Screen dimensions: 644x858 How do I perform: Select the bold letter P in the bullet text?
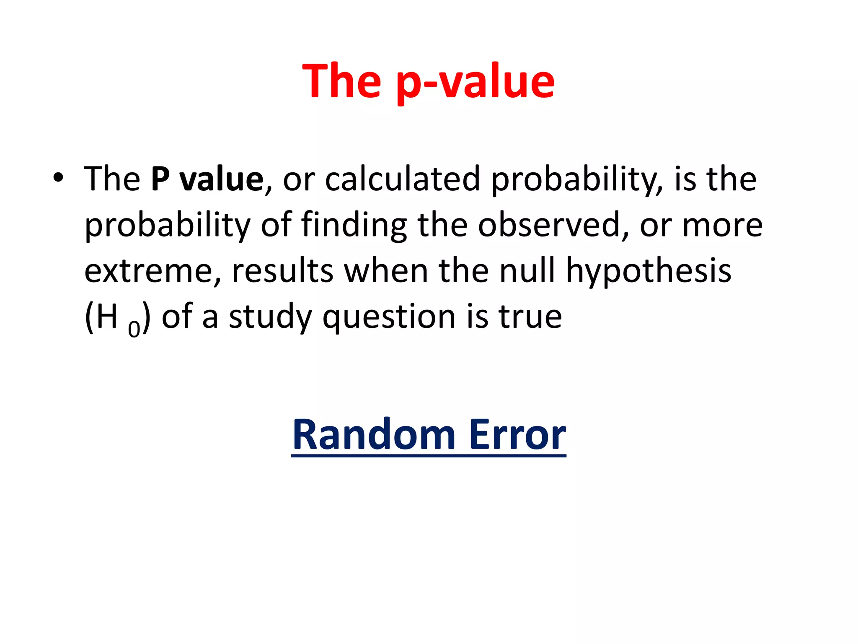tap(160, 179)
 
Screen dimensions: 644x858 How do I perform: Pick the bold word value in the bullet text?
tap(222, 179)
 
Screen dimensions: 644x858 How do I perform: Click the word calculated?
tap(402, 179)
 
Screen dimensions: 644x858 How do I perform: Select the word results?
tap(282, 272)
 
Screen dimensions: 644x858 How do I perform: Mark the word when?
tap(386, 271)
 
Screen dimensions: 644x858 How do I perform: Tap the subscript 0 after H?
tap(134, 329)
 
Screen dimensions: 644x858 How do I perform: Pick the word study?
tap(270, 318)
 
